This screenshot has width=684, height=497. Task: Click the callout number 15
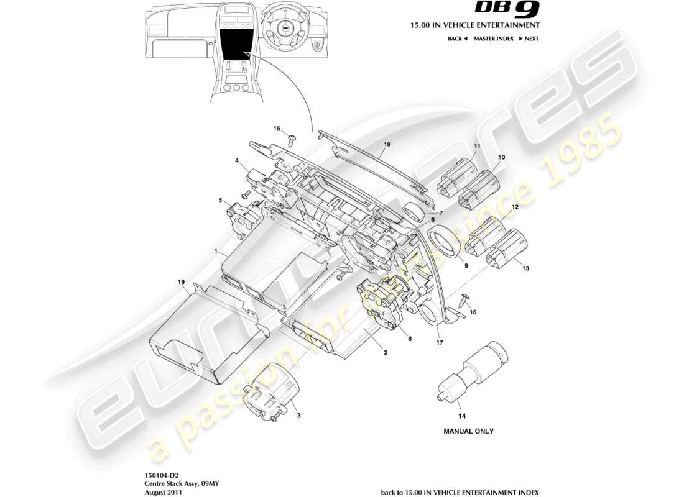coord(277,129)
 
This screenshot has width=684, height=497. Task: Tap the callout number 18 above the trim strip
coord(387,144)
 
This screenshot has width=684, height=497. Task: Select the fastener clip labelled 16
coord(463,300)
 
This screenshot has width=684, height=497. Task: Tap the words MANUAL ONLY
coord(468,431)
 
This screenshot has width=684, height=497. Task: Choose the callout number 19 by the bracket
coord(182,282)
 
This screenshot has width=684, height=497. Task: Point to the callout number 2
coord(386,353)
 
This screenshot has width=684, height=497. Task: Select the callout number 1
coord(215,252)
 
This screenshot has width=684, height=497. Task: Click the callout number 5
coord(221,200)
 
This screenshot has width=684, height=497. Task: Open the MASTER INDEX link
coord(493,39)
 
